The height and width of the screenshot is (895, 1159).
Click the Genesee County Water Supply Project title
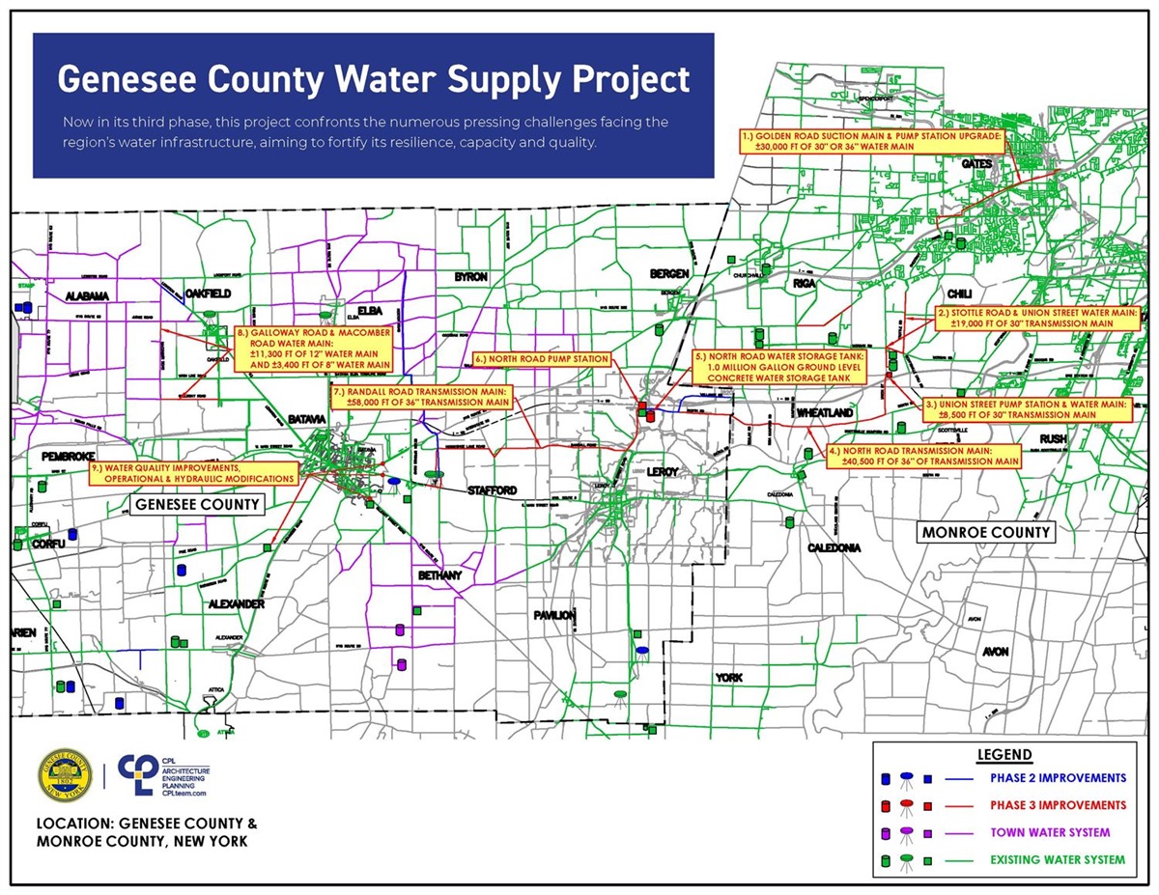coord(373,78)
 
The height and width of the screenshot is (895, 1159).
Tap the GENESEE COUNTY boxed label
coord(197,504)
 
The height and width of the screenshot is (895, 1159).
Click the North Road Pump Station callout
coord(542,359)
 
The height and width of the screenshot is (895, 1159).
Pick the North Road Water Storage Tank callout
coord(781,368)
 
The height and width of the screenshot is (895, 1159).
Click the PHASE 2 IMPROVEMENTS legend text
coord(1057,778)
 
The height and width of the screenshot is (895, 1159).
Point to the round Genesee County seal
coord(65,776)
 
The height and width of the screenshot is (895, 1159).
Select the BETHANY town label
coord(439,575)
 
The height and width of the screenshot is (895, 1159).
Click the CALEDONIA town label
coord(834,547)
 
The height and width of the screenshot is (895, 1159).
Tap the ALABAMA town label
coord(87,295)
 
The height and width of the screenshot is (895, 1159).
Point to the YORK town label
coord(728,678)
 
